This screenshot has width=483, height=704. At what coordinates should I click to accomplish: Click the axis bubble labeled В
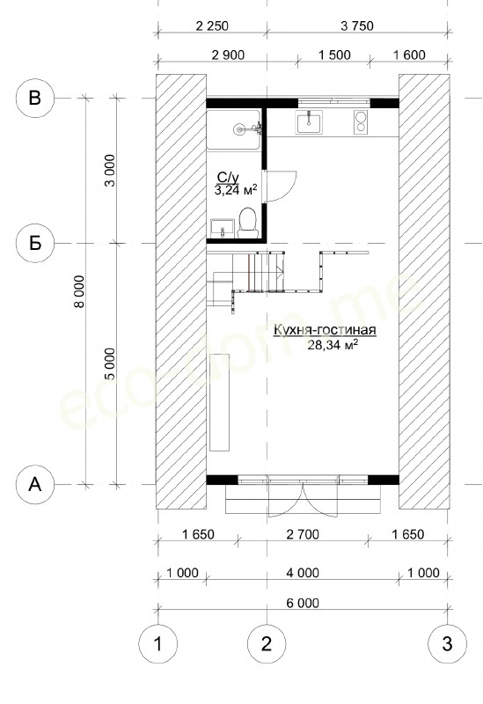click(35, 98)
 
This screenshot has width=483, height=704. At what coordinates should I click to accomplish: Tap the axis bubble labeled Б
click(35, 243)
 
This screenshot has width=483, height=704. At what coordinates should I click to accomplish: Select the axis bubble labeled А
click(35, 485)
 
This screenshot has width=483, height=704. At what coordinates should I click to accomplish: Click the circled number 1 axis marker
click(157, 644)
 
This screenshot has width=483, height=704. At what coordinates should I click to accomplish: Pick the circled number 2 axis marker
click(267, 644)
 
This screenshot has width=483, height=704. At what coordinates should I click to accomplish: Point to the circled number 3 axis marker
click(448, 644)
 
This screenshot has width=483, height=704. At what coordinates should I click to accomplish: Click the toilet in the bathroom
click(247, 223)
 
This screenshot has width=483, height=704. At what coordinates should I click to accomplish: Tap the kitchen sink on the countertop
click(309, 122)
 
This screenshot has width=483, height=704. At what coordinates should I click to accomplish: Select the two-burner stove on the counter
click(361, 122)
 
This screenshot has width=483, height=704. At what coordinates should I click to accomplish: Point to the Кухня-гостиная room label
click(325, 331)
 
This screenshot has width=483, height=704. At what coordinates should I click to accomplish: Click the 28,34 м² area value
click(333, 344)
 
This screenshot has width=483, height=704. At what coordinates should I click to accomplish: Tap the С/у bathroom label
click(228, 177)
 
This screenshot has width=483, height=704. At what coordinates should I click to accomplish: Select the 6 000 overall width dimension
click(303, 603)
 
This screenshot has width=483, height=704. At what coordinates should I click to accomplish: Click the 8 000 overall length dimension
click(79, 291)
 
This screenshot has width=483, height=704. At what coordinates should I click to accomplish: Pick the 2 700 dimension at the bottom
click(303, 534)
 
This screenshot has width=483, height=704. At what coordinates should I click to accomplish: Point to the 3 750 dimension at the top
click(357, 26)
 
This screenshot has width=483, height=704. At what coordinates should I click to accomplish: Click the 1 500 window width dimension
click(334, 55)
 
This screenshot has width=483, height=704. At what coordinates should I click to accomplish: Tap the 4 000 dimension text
click(303, 573)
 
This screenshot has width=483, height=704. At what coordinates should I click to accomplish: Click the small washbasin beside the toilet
click(223, 228)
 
